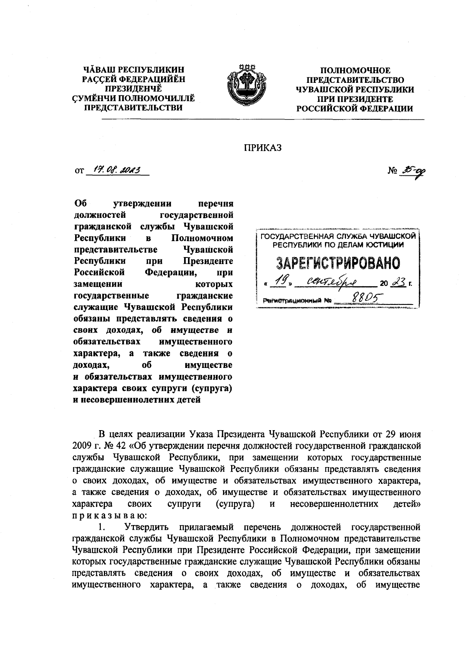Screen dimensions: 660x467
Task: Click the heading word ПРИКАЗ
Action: point(262,147)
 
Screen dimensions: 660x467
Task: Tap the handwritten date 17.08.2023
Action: point(117,170)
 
